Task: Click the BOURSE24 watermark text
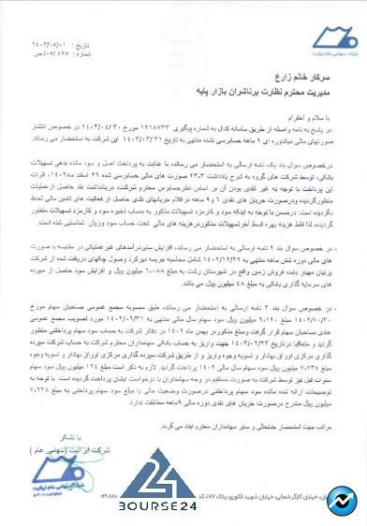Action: pyautogui.click(x=158, y=509)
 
